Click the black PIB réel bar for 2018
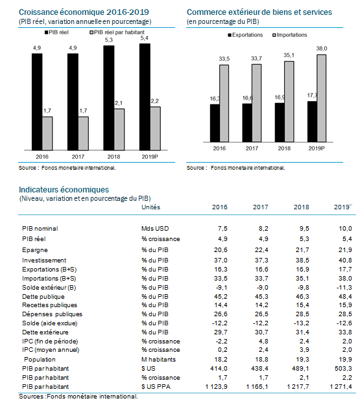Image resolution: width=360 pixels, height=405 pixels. tap(108, 98)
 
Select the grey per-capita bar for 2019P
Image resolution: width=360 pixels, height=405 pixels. tap(155, 128)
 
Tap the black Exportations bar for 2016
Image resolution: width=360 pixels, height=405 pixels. tap(215, 123)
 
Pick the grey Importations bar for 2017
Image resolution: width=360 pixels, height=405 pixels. tap(257, 103)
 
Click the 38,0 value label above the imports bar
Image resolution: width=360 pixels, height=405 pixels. tap(322, 49)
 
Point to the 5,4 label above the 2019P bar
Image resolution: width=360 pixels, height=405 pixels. tap(144, 38)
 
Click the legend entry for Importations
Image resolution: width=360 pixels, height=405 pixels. tap(290, 35)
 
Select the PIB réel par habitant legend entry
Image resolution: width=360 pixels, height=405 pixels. tap(117, 32)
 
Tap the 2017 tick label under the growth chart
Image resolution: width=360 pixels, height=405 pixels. tap(78, 157)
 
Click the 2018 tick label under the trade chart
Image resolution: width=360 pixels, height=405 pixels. tap(284, 148)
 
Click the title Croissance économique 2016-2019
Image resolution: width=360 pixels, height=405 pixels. tap(84, 12)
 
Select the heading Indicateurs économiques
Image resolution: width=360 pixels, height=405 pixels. tap(64, 190)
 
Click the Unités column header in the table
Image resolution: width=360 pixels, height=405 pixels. tap(150, 207)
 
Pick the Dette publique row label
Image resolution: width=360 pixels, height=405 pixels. tap(43, 297)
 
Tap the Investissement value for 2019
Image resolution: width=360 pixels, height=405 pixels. tap(345, 260)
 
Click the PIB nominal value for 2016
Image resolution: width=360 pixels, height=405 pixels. tap(222, 229)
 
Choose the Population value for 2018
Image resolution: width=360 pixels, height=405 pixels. tap(302, 360)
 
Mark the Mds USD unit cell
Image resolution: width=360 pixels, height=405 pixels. tap(155, 229)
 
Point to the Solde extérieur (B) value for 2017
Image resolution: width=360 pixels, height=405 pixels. tap(262, 288)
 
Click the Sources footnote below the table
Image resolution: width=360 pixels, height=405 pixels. tap(78, 397)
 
